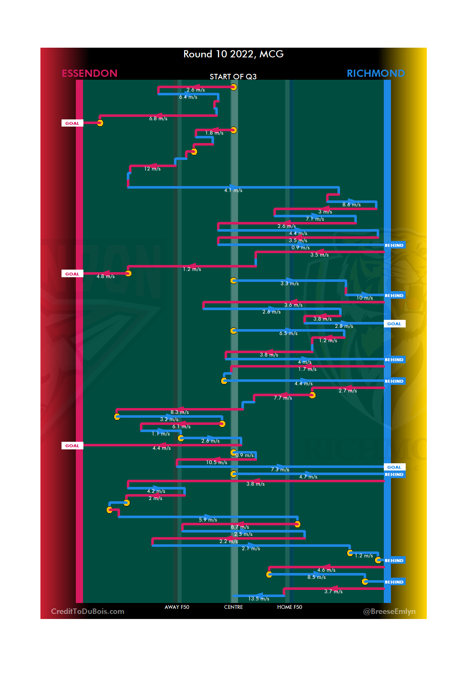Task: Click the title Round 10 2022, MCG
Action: click(x=233, y=54)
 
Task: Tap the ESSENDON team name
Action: click(x=89, y=73)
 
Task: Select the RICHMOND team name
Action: click(x=375, y=73)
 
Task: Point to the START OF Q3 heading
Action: click(x=233, y=76)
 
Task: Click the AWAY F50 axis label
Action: click(x=177, y=607)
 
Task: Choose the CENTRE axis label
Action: click(x=233, y=607)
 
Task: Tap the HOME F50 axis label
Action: click(x=289, y=607)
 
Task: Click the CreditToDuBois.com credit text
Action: click(x=88, y=611)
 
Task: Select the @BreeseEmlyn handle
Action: click(x=389, y=611)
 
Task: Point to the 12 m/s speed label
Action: click(x=153, y=169)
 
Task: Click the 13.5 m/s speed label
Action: click(x=259, y=599)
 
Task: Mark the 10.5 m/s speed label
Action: click(x=217, y=462)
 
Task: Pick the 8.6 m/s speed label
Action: click(x=351, y=205)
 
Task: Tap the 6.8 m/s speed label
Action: click(x=158, y=119)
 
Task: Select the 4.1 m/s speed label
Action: click(x=233, y=190)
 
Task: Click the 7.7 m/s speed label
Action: click(x=283, y=398)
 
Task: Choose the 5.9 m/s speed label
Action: click(x=208, y=520)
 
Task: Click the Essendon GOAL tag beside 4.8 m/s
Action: click(x=72, y=274)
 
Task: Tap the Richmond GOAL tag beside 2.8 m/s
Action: click(x=394, y=324)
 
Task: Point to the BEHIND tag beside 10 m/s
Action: click(x=394, y=295)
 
